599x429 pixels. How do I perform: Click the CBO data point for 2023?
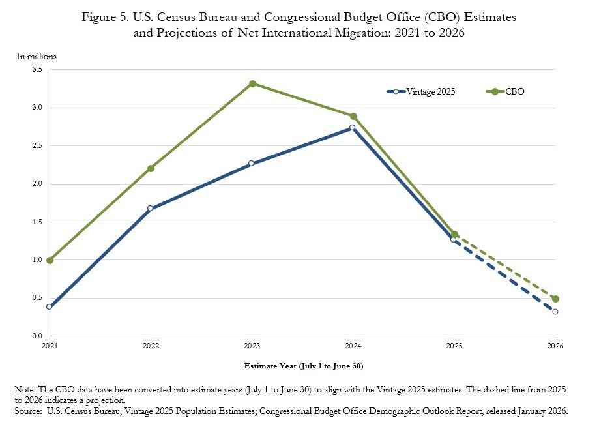(252, 83)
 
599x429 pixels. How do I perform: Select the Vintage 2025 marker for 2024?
(353, 128)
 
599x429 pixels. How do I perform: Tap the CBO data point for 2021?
(50, 260)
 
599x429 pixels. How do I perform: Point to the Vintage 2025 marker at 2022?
(151, 209)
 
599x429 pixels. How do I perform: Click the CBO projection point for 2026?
(555, 299)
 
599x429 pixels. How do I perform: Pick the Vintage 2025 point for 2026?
(555, 312)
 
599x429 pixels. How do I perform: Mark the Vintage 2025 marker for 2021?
(50, 306)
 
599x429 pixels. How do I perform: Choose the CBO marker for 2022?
(151, 168)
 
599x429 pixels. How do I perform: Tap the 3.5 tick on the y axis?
(37, 69)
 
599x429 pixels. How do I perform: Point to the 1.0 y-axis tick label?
(37, 260)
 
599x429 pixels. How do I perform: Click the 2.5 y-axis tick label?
(37, 145)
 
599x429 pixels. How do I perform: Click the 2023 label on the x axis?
(252, 345)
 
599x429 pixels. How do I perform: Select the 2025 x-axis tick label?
(454, 345)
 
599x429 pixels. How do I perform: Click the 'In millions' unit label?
(37, 56)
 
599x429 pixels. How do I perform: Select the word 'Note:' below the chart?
(26, 389)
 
